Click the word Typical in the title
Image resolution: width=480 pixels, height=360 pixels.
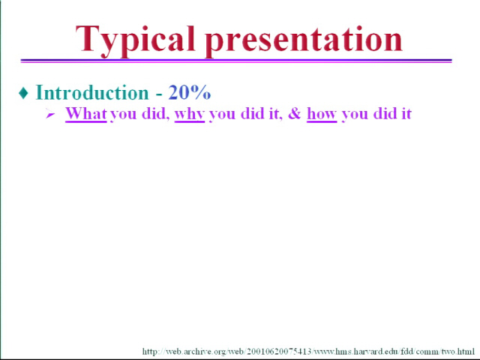[135, 40]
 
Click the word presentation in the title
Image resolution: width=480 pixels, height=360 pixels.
[304, 41]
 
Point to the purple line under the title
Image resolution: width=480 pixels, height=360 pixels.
[236, 61]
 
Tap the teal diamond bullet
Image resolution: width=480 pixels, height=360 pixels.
[23, 93]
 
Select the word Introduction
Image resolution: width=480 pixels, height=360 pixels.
[92, 92]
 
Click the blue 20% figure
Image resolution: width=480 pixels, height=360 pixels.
[190, 92]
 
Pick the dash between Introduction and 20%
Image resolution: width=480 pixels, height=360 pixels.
[158, 94]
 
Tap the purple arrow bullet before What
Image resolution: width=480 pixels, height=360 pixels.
[50, 115]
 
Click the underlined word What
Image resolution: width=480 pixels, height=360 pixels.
[86, 114]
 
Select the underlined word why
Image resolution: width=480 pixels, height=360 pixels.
[190, 114]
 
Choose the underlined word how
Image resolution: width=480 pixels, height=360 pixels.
[322, 114]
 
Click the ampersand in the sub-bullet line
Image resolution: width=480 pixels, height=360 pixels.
[295, 113]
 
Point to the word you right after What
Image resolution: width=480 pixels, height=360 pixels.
[123, 115]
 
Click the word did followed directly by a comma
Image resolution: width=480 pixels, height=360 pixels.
[155, 113]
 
